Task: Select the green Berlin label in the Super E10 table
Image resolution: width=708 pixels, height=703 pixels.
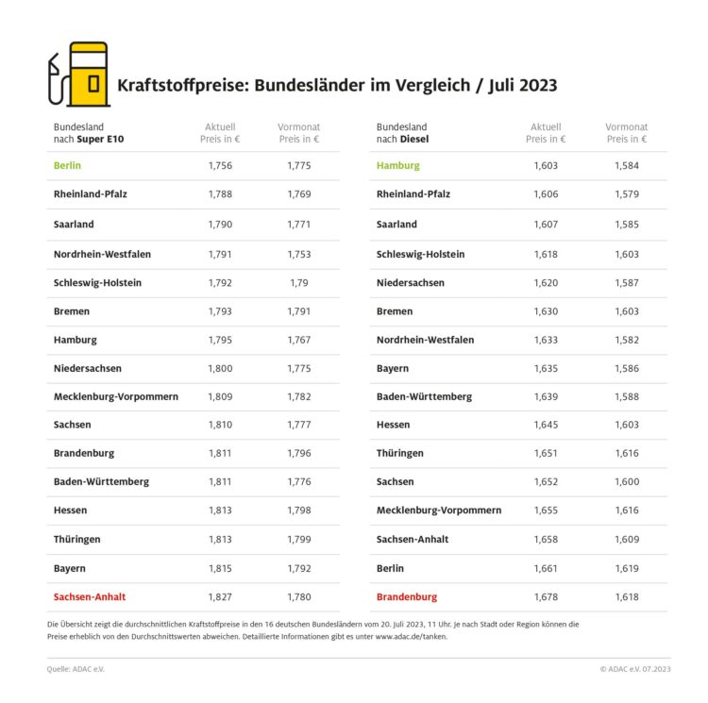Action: coord(67,166)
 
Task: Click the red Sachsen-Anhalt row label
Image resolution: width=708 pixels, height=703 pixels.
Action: coord(90,596)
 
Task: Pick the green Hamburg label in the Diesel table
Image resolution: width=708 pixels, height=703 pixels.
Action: coord(397,166)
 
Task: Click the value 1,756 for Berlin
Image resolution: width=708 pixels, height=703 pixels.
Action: coord(220,166)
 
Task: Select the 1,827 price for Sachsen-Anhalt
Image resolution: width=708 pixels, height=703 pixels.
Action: coord(220,596)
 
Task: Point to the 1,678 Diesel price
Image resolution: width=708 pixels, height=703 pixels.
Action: coord(545,596)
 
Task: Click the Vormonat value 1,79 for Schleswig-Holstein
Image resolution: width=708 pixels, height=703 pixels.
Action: coord(299,281)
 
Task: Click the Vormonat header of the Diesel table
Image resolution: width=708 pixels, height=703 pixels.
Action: coord(626,126)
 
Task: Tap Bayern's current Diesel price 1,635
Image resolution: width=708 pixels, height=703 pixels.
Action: coord(545,368)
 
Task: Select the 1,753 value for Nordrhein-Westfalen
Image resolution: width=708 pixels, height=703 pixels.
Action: coord(299,253)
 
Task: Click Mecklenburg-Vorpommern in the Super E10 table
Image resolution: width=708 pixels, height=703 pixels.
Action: coord(116,396)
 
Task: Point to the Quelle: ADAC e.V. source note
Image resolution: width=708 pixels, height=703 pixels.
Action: coord(76,669)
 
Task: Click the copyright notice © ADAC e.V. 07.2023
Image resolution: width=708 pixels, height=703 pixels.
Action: coord(634,669)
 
